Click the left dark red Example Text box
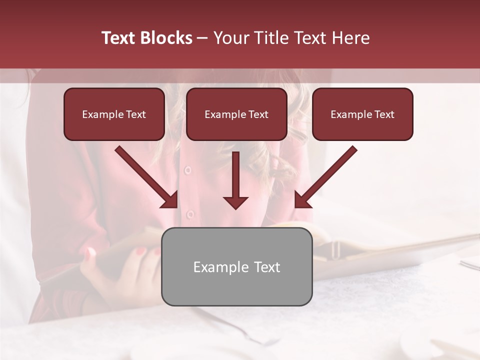pyautogui.click(x=114, y=114)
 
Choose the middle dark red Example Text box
pyautogui.click(x=236, y=114)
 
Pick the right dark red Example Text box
pyautogui.click(x=362, y=114)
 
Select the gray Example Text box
pyautogui.click(x=236, y=266)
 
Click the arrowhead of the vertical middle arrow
pyautogui.click(x=235, y=202)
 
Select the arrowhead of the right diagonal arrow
pyautogui.click(x=301, y=201)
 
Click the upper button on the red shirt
pyautogui.click(x=188, y=170)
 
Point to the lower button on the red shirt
pyautogui.click(x=190, y=214)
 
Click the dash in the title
pyautogui.click(x=202, y=38)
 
